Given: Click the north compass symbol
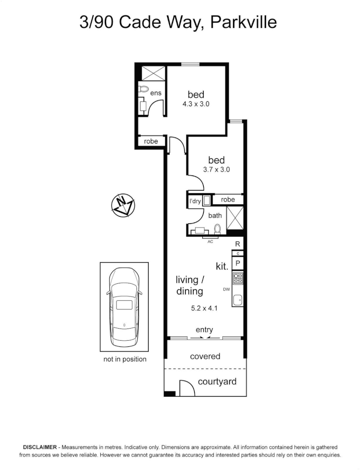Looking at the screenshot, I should (x=123, y=205).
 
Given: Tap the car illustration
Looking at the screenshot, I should (x=124, y=306).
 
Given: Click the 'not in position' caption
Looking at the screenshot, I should (x=125, y=359).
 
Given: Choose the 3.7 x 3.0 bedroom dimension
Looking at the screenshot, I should (x=217, y=170).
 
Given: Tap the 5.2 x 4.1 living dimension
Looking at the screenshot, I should (x=204, y=309).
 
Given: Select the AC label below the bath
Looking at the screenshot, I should (x=210, y=242).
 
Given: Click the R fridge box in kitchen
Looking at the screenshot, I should (x=237, y=244).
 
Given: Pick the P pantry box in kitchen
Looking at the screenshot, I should (x=237, y=263).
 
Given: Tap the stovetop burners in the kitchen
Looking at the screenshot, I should (x=237, y=278).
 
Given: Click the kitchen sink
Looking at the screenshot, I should (x=237, y=299).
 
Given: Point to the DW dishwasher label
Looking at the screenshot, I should (x=226, y=289).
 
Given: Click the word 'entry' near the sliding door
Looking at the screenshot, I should (x=204, y=330).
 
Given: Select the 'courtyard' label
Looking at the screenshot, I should (x=217, y=382).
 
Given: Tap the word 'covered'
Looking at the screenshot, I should (x=205, y=356).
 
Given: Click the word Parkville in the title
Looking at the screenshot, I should (x=243, y=22).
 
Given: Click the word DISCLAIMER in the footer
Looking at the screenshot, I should (x=40, y=447).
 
